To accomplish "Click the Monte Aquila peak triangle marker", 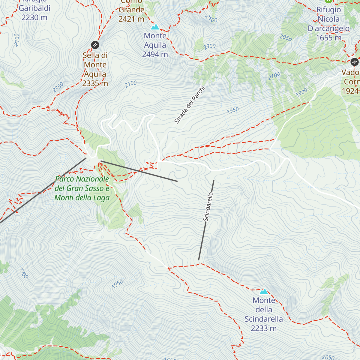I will click(x=155, y=27).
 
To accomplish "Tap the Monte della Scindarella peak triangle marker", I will click(x=264, y=291).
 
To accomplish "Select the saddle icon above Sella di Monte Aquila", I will click(x=95, y=45).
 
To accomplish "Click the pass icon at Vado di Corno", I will click(x=354, y=62).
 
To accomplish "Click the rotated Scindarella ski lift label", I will click(x=208, y=207).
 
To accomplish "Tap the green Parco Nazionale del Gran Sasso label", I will click(x=82, y=188).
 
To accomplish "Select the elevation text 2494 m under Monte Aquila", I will click(x=155, y=54).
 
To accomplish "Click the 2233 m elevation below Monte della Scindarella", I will click(x=263, y=328).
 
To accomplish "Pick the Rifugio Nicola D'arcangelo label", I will click(x=328, y=24).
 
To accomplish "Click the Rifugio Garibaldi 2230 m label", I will click(x=34, y=13).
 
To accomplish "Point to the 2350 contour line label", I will click(x=58, y=87).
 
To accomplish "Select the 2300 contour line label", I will click(x=209, y=46).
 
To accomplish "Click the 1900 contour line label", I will click(x=301, y=92).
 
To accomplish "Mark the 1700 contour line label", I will click(x=23, y=273).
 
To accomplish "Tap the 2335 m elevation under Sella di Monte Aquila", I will click(x=95, y=83).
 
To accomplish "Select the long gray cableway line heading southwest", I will click(x=42, y=190).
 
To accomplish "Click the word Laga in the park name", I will click(x=101, y=198).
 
